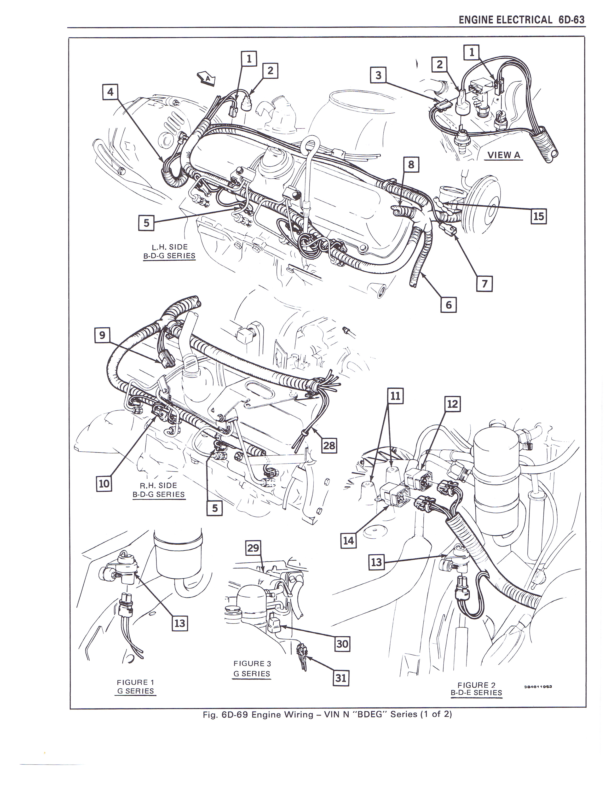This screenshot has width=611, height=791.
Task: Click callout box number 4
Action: coord(110,92)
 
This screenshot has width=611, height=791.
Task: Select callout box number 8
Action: coord(411,165)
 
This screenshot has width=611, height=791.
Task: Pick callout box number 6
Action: coord(449,305)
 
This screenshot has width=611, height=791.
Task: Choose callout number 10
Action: coord(104,483)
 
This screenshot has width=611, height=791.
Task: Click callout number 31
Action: coord(341,678)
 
